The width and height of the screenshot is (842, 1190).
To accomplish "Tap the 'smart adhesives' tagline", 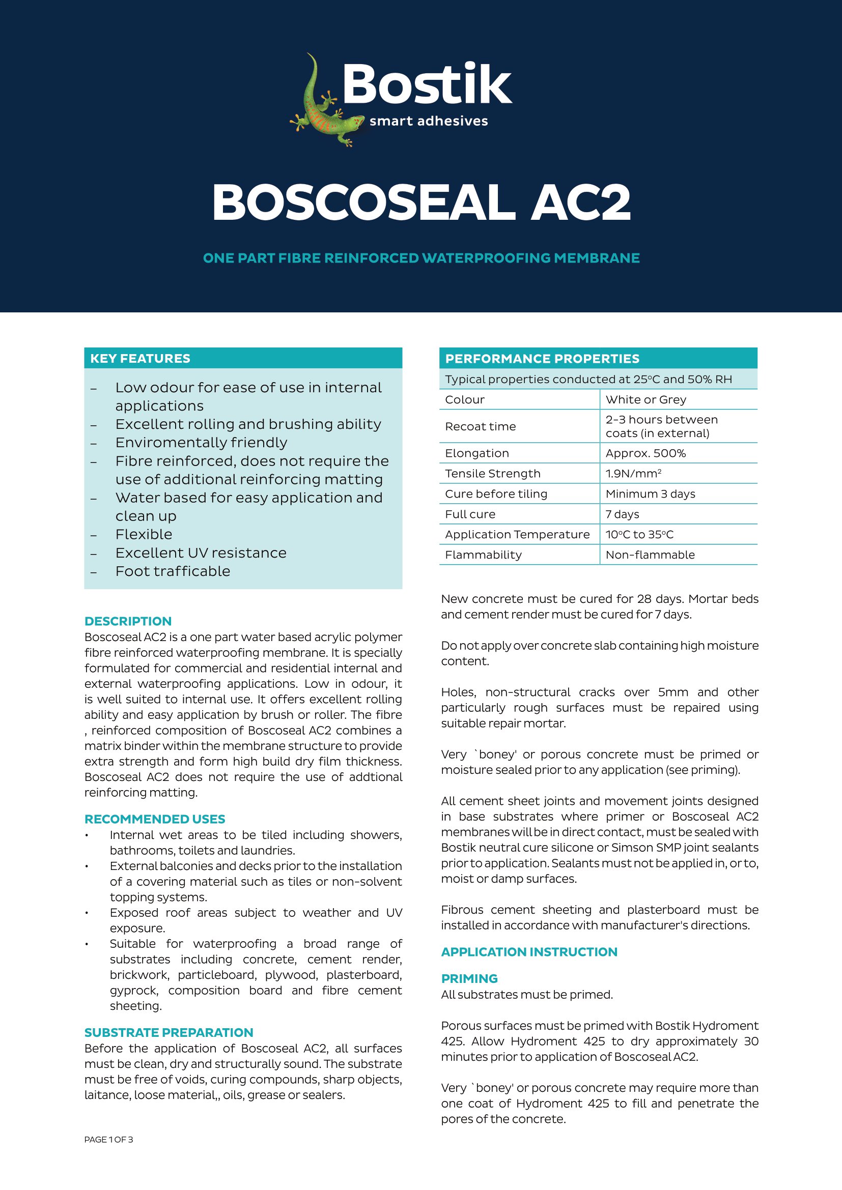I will (x=428, y=121).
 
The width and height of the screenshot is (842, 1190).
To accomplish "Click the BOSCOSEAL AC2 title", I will (x=421, y=202).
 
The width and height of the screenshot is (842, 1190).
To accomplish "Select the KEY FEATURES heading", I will (x=140, y=358).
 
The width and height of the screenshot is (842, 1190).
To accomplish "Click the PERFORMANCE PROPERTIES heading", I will (x=542, y=359).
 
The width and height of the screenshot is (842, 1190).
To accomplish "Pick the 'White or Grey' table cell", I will (x=645, y=399).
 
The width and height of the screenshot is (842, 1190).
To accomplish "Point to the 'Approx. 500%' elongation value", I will (x=645, y=453).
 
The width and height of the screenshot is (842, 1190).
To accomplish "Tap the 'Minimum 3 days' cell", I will (x=650, y=494).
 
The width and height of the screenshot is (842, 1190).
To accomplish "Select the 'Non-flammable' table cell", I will (x=650, y=555).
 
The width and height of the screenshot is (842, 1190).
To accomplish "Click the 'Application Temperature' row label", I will (x=517, y=534).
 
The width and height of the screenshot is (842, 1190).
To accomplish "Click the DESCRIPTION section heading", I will (x=128, y=621).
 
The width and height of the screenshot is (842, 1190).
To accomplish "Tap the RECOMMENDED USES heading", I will (x=155, y=819).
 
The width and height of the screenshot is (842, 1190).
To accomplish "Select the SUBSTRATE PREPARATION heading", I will (x=169, y=1032).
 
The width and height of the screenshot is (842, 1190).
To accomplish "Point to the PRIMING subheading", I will (x=469, y=978).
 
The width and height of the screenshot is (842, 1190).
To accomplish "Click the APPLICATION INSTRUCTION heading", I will (x=529, y=951).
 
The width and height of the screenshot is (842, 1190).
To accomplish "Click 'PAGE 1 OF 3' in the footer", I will (x=108, y=1139).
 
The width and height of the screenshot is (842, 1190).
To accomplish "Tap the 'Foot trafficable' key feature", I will (x=173, y=571).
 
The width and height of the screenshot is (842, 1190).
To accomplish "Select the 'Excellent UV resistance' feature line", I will (x=201, y=553).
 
